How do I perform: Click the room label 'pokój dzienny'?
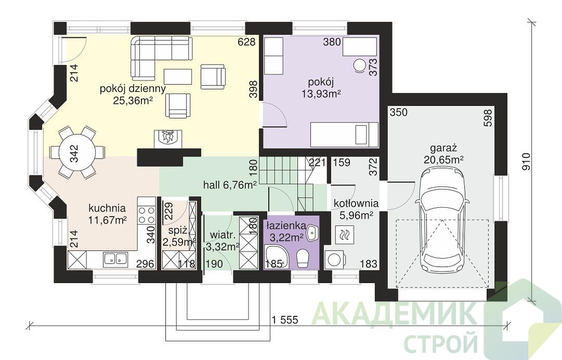coord(133,88)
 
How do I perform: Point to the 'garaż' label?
coord(443,148)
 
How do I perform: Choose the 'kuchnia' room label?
coord(107,208)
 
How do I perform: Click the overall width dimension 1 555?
coord(285,319)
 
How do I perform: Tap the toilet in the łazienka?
coord(303,258)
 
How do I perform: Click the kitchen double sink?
coord(115,259)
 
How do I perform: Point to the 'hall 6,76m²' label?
coord(230,185)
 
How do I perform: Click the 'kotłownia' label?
coord(356,204)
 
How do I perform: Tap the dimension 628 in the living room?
coord(247,42)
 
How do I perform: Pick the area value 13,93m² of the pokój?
coord(321,94)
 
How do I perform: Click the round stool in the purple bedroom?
coord(359,65)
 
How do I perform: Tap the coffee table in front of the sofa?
coord(178,76)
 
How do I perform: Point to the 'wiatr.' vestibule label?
coord(223,235)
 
